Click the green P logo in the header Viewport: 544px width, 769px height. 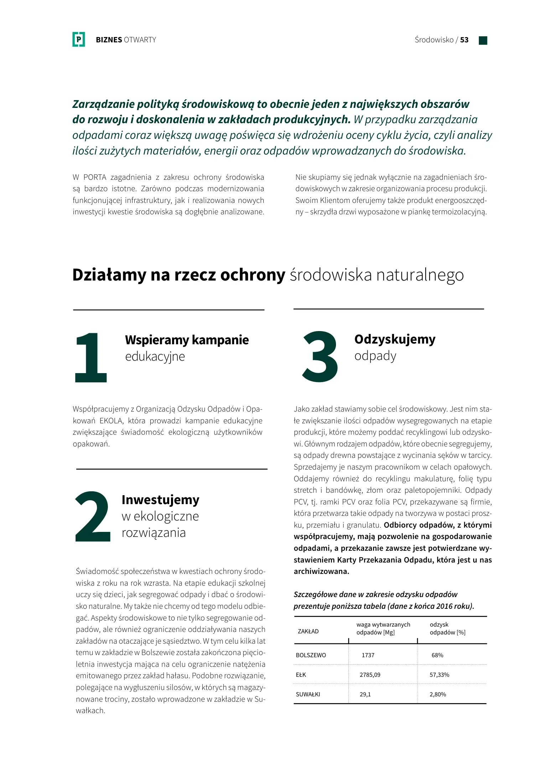point(78,39)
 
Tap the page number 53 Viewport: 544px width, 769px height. point(464,40)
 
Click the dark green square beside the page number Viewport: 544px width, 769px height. point(483,40)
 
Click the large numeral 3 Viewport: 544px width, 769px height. point(320,356)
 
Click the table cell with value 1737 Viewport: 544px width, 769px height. point(368,655)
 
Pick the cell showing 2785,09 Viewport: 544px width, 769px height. point(370,675)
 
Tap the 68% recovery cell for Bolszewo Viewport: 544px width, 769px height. point(437,655)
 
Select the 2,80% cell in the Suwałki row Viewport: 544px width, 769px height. point(437,694)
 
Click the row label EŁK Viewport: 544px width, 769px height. point(301,675)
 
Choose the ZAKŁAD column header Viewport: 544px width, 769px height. point(308,631)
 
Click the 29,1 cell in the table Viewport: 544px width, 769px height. point(365,694)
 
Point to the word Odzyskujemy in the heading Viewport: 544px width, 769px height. point(395,339)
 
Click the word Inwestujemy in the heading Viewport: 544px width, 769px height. point(160,499)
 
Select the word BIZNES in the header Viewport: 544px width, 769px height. point(109,40)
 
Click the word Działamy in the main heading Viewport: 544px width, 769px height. point(109,275)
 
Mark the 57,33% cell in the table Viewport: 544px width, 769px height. point(439,675)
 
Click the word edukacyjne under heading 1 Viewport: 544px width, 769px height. point(155,356)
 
